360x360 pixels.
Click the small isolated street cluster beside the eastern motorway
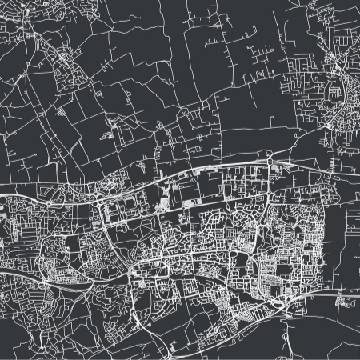pos(346,302)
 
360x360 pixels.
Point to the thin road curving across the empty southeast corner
pos(328,336)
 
